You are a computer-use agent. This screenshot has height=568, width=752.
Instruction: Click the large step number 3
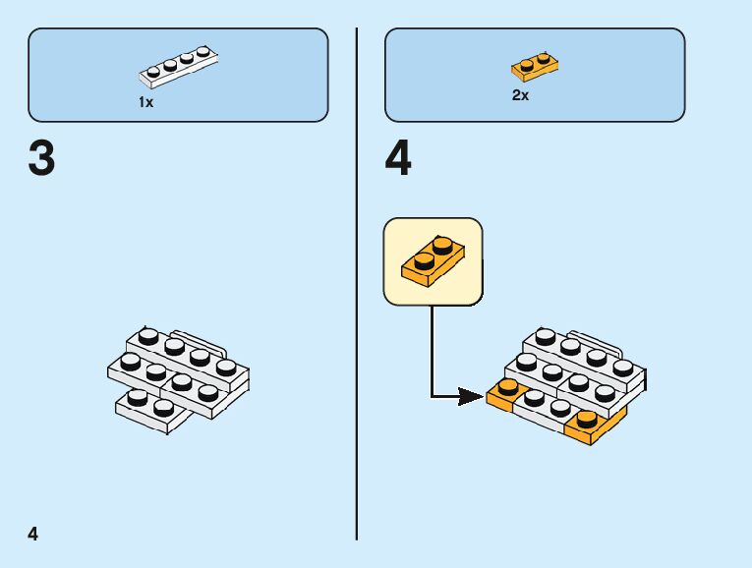41,160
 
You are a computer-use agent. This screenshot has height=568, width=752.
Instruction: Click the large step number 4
398,160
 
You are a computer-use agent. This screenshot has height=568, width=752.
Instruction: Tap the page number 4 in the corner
33,534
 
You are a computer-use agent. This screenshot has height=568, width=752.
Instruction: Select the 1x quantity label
145,102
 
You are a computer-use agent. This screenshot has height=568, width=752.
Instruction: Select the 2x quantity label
520,95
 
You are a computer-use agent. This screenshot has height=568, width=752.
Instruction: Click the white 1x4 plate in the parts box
178,66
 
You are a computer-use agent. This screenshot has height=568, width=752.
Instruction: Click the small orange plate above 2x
535,67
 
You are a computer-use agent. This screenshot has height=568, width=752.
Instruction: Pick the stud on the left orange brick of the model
508,385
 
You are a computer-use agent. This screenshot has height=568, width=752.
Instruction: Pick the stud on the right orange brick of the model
587,417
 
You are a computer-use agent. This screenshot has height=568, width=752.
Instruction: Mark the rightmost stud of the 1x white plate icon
203,51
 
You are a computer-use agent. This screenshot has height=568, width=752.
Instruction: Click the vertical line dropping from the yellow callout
431,349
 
